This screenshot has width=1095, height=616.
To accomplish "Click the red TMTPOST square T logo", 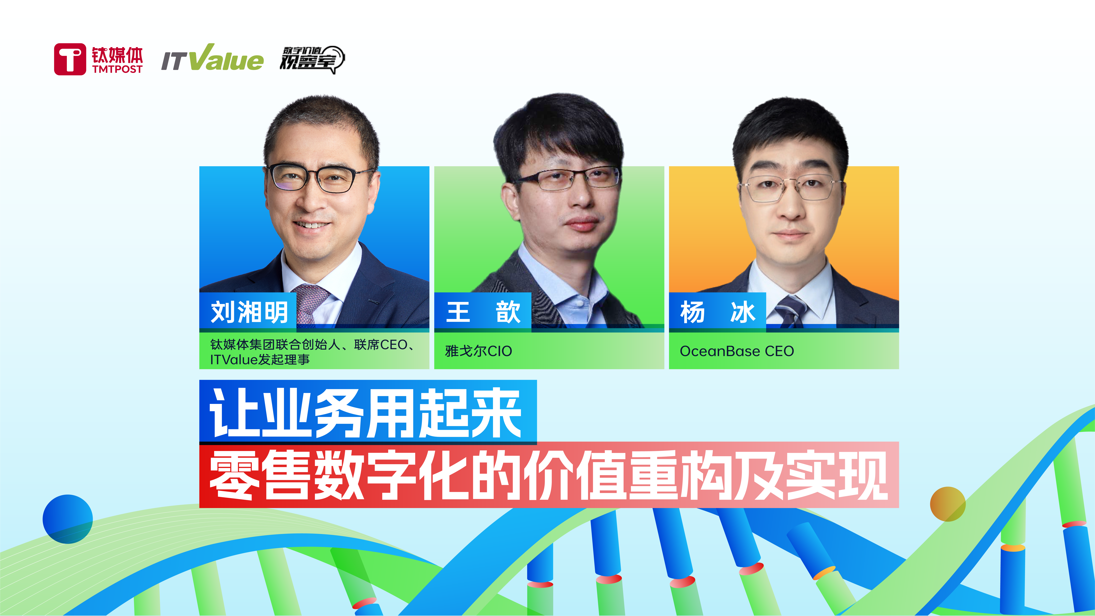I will pyautogui.click(x=70, y=59).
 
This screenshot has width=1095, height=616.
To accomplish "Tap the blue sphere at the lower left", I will pyautogui.click(x=68, y=519).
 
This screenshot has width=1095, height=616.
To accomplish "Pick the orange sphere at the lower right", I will pyautogui.click(x=948, y=504).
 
